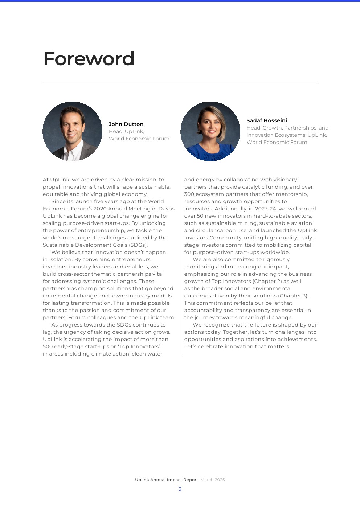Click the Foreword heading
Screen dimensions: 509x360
(x=89, y=59)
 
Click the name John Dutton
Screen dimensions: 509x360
(x=126, y=124)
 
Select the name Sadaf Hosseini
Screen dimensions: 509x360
(x=267, y=120)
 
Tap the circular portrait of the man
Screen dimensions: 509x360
(x=73, y=131)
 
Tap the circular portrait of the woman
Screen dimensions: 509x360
(x=210, y=131)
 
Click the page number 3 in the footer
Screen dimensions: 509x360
(x=180, y=489)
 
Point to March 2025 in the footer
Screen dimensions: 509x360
(x=213, y=480)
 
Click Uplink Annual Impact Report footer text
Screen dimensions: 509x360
(x=167, y=480)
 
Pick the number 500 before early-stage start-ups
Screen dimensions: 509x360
(x=48, y=346)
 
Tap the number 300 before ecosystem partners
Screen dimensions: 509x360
(x=189, y=194)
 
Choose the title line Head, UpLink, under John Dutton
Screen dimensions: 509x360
(x=126, y=131)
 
